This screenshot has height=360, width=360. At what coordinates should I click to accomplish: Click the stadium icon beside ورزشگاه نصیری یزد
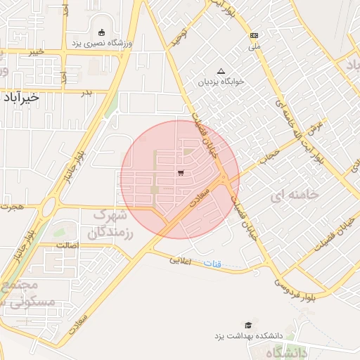click(102, 32)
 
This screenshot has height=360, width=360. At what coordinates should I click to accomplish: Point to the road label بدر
click(86, 92)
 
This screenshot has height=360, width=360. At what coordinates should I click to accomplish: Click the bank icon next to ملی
click(254, 36)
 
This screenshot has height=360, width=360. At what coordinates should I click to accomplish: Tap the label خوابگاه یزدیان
click(221, 82)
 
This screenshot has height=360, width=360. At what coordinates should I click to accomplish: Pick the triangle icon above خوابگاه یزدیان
click(221, 71)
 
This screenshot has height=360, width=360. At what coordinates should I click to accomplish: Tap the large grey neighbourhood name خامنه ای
click(298, 193)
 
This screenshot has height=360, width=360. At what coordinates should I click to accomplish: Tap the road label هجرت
click(13, 207)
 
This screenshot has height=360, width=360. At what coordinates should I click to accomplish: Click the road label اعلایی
click(181, 259)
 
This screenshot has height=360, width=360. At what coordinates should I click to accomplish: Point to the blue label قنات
click(212, 264)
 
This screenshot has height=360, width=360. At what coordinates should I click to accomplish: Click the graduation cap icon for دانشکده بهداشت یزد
click(247, 324)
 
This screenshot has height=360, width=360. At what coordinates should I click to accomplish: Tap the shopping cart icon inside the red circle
click(181, 172)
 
